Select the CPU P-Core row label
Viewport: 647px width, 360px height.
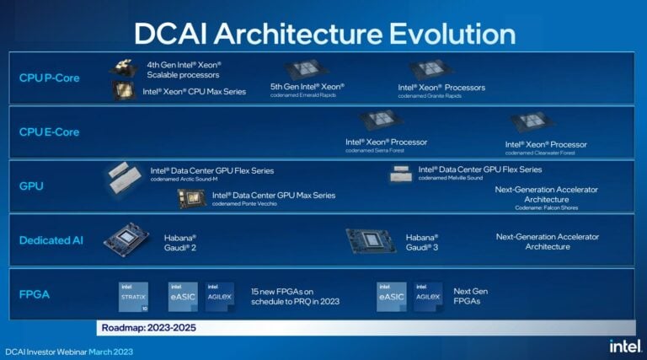[51, 78]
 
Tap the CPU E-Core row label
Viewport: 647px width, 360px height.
[51, 132]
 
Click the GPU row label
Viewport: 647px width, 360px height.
[31, 185]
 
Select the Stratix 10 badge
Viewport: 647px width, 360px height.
[133, 296]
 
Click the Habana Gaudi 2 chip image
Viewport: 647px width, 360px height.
[126, 239]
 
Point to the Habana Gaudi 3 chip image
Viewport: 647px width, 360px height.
[371, 241]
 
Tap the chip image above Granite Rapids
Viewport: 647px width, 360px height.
[431, 70]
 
